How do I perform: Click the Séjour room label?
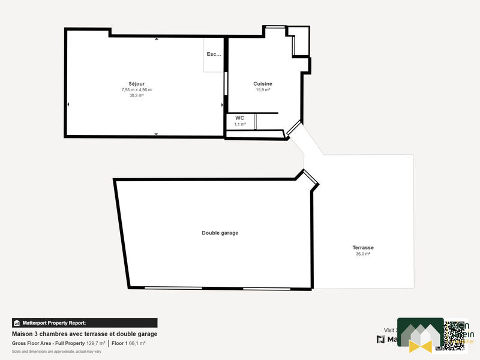(137, 83)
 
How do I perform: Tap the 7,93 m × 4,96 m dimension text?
(137, 89)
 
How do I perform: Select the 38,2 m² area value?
(137, 95)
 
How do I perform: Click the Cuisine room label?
(263, 84)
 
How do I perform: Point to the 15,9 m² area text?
(263, 90)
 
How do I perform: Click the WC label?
(239, 118)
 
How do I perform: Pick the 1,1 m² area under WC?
(239, 124)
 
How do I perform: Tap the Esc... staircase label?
(214, 54)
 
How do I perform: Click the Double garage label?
(220, 233)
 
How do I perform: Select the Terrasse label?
(363, 247)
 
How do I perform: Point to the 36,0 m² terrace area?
(363, 254)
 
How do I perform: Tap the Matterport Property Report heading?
(54, 323)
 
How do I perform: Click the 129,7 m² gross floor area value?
(96, 343)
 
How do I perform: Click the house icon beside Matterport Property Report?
(17, 323)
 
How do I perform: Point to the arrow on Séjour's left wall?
(68, 105)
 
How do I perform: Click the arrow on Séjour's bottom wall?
(157, 134)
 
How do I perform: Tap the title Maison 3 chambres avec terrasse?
(85, 334)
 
